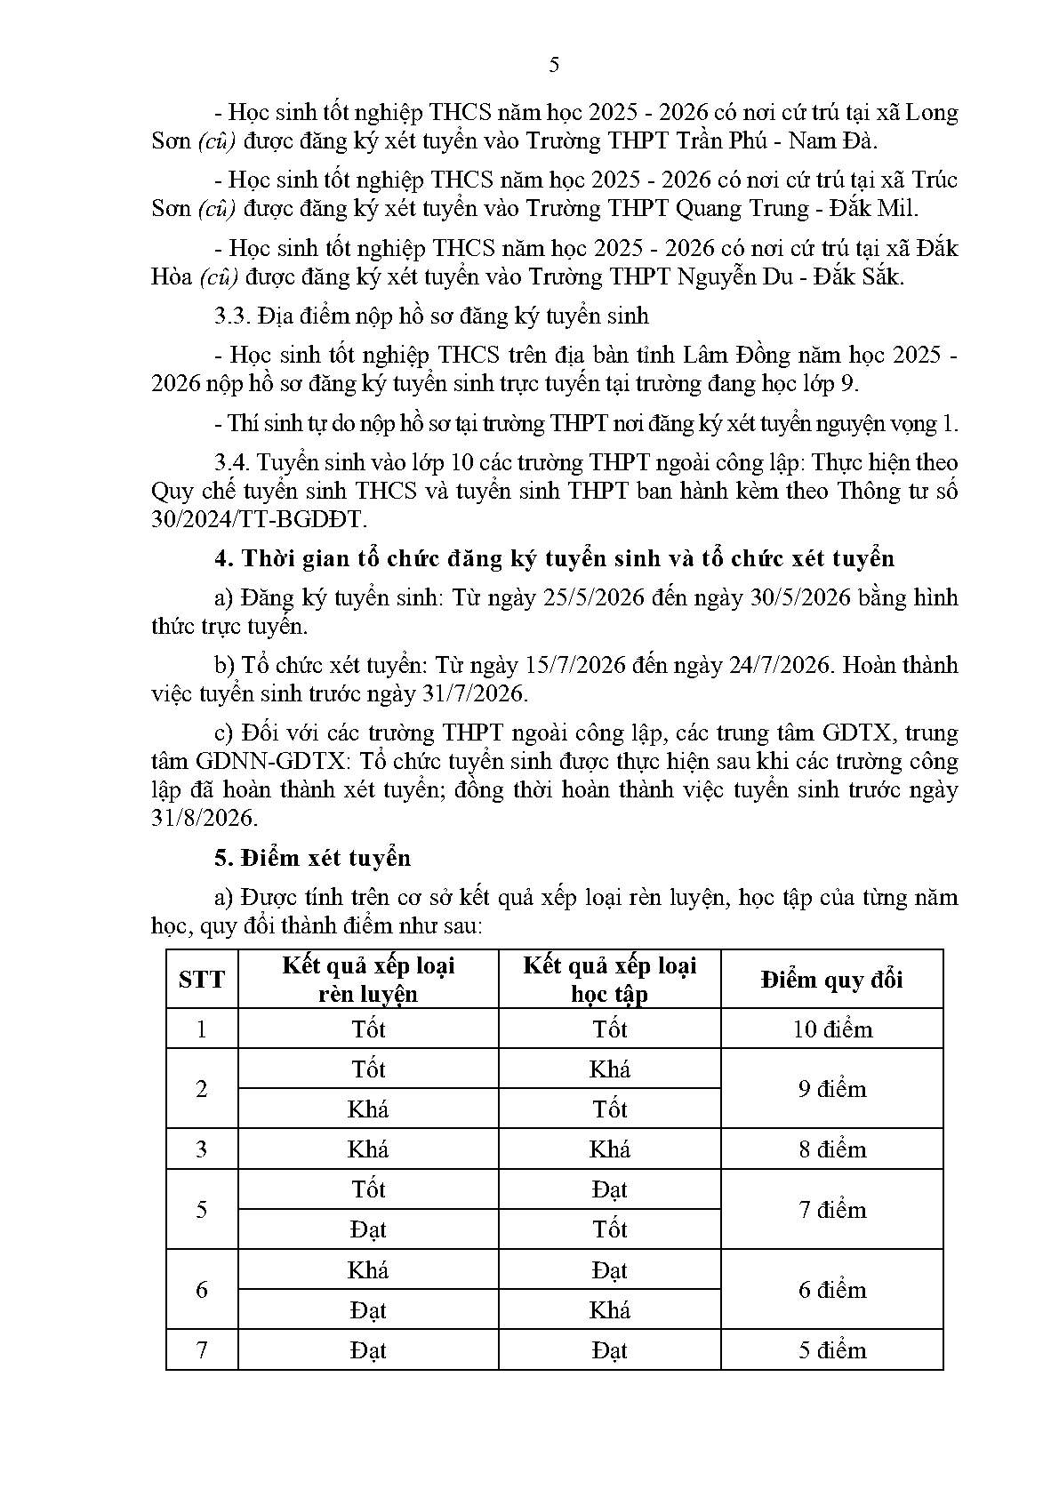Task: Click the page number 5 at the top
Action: tap(554, 65)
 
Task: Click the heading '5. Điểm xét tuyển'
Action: tap(313, 858)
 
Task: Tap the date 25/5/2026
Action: tap(592, 597)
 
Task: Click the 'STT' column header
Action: tap(202, 980)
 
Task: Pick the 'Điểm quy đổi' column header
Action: tap(831, 980)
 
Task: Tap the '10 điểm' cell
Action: tap(832, 1029)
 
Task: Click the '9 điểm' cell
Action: tap(832, 1089)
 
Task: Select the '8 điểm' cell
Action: tap(832, 1149)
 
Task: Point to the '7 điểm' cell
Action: tap(832, 1210)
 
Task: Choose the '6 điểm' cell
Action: tap(832, 1290)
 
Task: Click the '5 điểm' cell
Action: tap(832, 1350)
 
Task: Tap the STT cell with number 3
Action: tap(202, 1149)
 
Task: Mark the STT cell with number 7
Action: tap(202, 1350)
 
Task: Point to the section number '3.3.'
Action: tap(234, 316)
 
